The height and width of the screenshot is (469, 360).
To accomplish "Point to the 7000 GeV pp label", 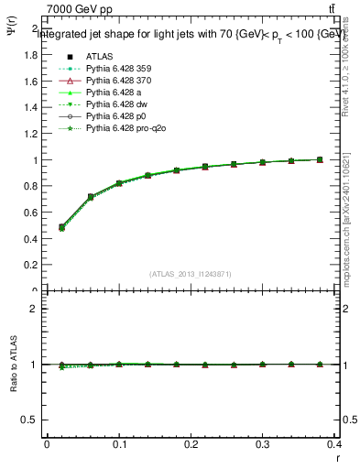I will click(x=75, y=9).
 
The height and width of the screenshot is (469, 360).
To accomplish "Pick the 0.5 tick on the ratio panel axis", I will click(x=31, y=420).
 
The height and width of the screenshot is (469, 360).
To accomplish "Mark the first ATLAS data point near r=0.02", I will click(x=61, y=227).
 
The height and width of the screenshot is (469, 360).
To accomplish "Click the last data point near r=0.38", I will click(x=320, y=159).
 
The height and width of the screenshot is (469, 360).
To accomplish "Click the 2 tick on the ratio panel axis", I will click(x=36, y=309).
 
